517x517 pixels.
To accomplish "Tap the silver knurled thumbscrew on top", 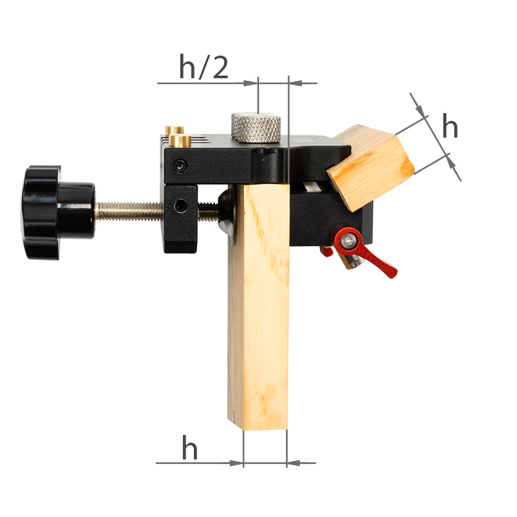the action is tap(256, 128).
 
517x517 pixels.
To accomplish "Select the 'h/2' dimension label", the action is tap(204, 67).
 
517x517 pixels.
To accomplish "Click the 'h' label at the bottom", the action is tap(190, 447).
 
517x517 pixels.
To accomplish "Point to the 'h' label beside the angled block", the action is tap(450, 125).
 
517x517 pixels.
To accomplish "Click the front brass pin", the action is tap(180, 141).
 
